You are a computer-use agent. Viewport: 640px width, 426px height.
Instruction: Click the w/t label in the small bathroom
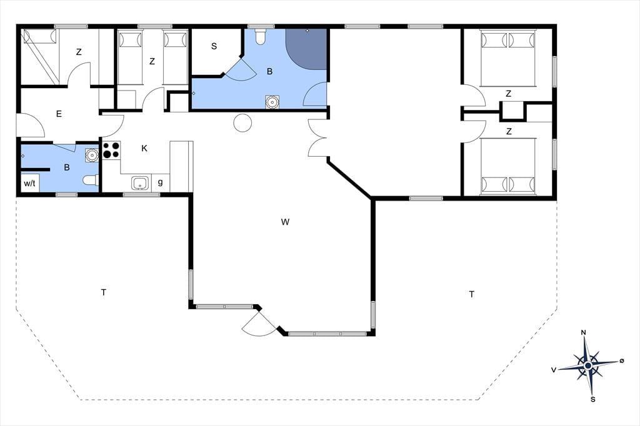[x=29, y=183]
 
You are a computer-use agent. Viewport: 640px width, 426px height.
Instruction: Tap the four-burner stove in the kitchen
[x=111, y=150]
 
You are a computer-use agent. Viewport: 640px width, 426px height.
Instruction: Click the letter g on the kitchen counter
[x=161, y=182]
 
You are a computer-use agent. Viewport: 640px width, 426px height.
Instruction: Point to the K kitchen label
[x=144, y=148]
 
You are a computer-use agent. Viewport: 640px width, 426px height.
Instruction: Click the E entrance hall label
[x=59, y=114]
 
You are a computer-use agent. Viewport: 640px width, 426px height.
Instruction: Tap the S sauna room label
[x=214, y=46]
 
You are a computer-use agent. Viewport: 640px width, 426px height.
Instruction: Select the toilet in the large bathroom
[x=260, y=36]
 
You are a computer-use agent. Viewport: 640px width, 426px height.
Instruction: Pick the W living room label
[x=285, y=222]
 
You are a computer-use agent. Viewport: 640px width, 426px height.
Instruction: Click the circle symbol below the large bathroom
[x=242, y=122]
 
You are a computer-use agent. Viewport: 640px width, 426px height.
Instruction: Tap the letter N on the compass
[x=584, y=332]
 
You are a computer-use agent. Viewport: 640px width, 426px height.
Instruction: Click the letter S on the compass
[x=593, y=400]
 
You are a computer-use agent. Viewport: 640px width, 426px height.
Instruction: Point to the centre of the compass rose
[x=587, y=365]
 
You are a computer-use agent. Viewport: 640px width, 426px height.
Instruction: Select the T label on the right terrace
[x=472, y=294]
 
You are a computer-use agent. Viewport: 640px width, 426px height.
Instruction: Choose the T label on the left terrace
[x=104, y=292]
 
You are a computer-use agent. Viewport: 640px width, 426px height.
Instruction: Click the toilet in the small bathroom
[x=91, y=180]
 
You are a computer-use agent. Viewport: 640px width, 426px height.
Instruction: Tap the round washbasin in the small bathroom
[x=92, y=155]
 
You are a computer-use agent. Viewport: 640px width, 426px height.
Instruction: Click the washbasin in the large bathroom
[x=272, y=102]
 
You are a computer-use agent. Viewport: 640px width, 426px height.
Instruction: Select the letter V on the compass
[x=554, y=370]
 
